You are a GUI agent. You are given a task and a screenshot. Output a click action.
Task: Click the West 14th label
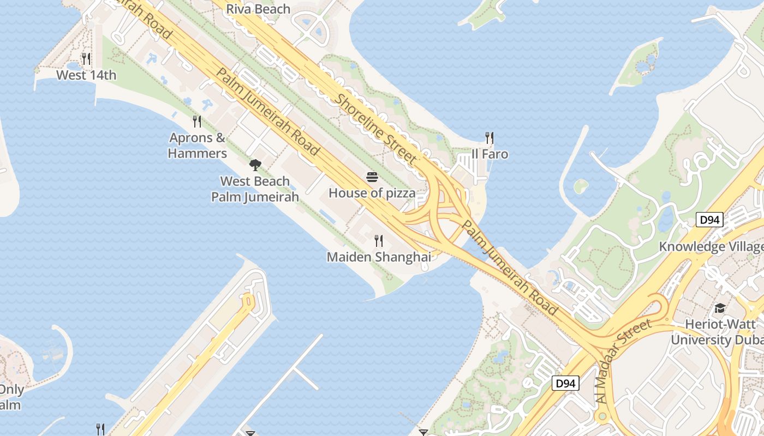coord(86,75)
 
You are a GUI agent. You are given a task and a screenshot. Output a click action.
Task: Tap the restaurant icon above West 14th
coord(86,58)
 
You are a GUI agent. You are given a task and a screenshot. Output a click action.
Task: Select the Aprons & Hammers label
coord(198,146)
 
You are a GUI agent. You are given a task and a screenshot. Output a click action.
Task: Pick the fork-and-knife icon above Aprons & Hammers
coord(198,121)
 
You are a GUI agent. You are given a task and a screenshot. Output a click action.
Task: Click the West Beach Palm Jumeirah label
coord(255,189)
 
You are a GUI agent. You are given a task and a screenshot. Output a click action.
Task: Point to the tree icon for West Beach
coord(255,165)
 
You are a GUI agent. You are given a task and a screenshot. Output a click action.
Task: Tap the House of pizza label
coord(372,193)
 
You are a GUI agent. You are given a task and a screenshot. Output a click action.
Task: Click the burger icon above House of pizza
coord(372,177)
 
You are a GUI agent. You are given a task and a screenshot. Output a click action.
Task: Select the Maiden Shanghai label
coord(379,257)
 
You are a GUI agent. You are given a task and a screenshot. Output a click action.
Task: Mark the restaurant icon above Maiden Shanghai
coord(379,240)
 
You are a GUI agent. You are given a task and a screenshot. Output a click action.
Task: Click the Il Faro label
coord(490,154)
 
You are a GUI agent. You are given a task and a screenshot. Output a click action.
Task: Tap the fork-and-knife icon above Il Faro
coord(490,138)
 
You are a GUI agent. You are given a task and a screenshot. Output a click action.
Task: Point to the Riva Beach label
coord(258,9)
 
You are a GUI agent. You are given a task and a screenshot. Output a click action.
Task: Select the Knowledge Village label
coord(711,246)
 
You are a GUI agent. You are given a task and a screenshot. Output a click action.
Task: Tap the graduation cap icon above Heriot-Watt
coord(720,308)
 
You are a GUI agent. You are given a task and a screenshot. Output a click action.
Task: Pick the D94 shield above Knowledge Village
coord(710,220)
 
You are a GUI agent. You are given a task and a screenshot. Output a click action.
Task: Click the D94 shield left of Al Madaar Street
coord(565,384)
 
